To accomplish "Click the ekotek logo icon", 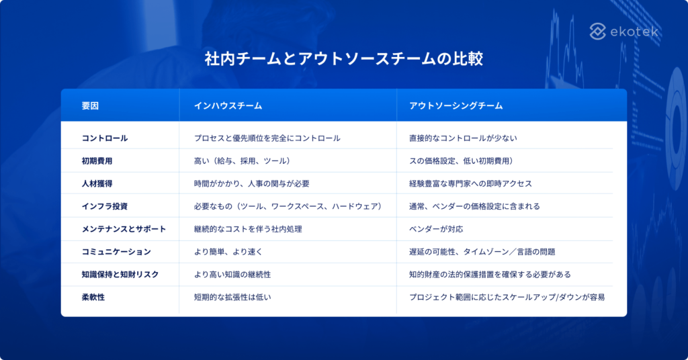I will (599, 31).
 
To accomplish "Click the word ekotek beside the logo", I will (635, 32).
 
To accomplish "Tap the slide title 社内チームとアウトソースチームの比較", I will (343, 59).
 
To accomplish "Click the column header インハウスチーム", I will (228, 106).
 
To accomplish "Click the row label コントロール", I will (104, 138).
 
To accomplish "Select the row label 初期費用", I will (97, 161).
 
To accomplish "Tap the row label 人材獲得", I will (97, 183).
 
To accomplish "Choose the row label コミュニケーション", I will (116, 252).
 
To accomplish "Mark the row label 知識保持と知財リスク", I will (120, 274).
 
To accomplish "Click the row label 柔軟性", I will (93, 297).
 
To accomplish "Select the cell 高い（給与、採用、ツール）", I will (242, 161).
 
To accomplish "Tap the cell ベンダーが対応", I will (436, 229).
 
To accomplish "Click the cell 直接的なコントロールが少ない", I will (463, 138).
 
